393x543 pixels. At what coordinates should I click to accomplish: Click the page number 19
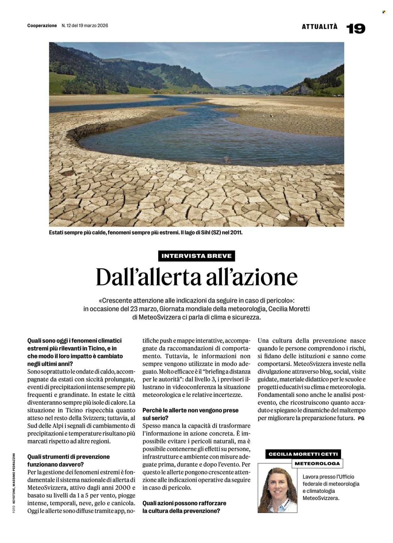point(356,29)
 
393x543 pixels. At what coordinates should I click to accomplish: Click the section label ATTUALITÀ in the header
point(319,27)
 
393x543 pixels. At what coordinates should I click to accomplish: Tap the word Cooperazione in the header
point(42,25)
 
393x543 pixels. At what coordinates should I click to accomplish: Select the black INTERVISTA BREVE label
point(196,256)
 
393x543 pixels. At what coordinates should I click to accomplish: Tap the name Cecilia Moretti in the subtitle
point(289,309)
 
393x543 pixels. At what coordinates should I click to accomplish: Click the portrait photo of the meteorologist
point(277,488)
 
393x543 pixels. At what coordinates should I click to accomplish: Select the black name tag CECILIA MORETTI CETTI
point(303,454)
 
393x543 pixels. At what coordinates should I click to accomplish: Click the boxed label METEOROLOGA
point(317,463)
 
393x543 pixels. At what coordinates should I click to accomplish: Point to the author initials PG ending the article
point(361,418)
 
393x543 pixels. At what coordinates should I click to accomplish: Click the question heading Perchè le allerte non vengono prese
point(190,410)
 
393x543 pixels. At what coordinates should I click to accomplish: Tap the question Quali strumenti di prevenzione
point(69,457)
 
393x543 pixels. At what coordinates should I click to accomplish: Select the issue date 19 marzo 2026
point(93,25)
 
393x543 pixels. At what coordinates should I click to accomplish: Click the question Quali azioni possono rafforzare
point(184,503)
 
